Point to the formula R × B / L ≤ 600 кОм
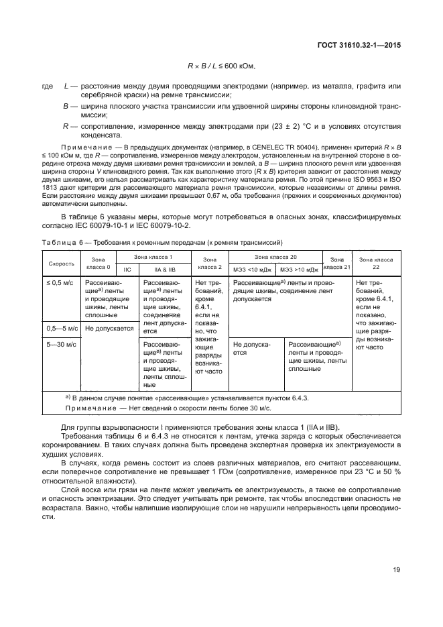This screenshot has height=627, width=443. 222,66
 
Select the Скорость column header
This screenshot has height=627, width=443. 61,264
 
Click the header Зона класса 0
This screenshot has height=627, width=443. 99,264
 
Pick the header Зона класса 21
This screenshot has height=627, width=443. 338,264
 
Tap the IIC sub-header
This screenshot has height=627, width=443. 127,270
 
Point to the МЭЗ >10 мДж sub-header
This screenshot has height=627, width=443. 299,270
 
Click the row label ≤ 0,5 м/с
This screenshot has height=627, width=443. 59,284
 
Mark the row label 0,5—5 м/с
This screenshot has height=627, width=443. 62,329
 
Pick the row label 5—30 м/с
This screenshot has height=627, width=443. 61,344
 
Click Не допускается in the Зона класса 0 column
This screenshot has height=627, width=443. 109,329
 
